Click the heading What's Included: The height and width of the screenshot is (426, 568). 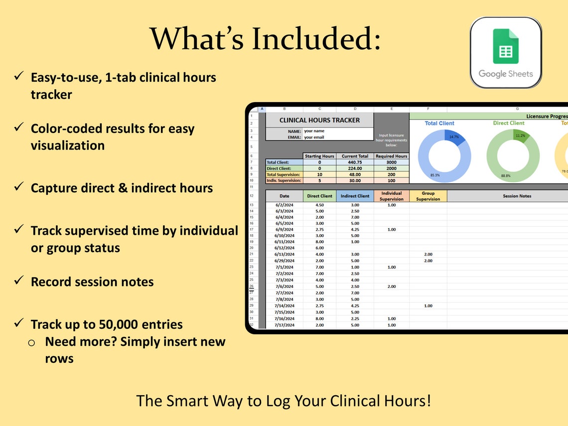tap(266, 39)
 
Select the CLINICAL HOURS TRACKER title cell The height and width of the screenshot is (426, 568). tap(319, 120)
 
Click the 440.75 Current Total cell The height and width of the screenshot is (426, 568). tap(355, 162)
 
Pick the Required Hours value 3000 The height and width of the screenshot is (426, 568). tap(391, 162)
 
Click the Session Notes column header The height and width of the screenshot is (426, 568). tap(517, 196)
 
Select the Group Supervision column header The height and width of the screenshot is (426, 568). tap(428, 196)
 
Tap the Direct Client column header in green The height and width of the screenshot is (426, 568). tap(319, 196)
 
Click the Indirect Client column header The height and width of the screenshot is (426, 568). tap(355, 196)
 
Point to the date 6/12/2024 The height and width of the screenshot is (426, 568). tap(284, 248)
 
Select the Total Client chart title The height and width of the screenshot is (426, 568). tap(439, 123)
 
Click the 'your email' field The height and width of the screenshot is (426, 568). tap(314, 137)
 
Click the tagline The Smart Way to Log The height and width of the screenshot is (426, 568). tap(284, 401)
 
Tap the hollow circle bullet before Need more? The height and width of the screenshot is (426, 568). tap(31, 342)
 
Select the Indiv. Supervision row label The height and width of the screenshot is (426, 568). tap(284, 180)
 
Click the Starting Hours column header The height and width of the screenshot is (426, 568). tap(319, 156)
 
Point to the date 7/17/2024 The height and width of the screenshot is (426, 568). tap(284, 325)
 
